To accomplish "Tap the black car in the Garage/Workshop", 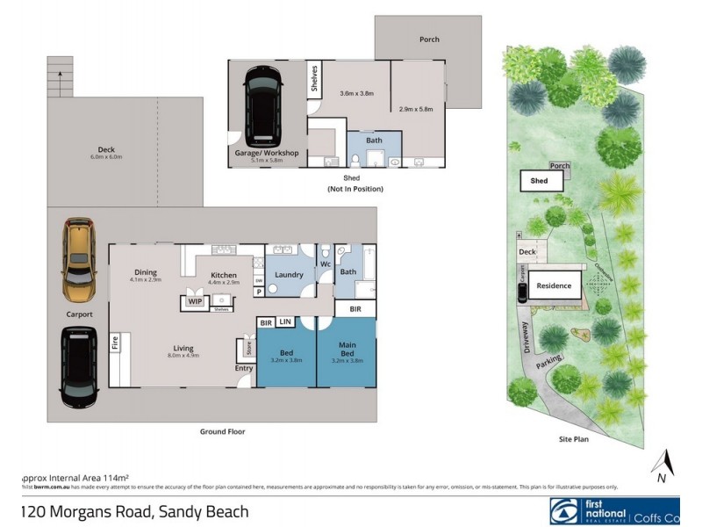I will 264,105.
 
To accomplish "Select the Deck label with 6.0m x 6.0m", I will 106,153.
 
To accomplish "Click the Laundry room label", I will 289,275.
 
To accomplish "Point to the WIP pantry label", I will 194,301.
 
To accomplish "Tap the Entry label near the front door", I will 243,368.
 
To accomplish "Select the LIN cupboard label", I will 285,322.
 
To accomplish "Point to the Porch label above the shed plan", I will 429,40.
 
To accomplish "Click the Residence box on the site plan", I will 554,285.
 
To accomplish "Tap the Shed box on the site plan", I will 539,181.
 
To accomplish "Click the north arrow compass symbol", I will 665,464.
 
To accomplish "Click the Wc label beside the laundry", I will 324,264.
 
